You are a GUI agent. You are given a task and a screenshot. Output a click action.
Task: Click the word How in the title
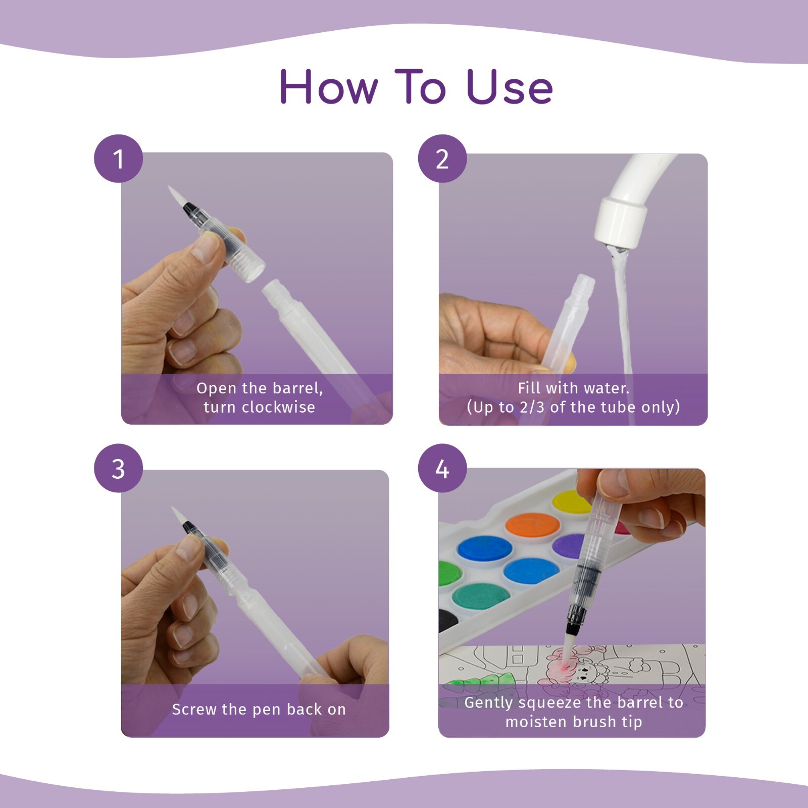tap(328, 87)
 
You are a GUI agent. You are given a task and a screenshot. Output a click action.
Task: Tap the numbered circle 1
tap(118, 159)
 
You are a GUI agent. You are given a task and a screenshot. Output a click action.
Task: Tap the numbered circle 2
tap(442, 159)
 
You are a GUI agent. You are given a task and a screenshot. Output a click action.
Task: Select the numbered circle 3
tap(118, 468)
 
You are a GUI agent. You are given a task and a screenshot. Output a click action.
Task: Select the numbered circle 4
tap(442, 468)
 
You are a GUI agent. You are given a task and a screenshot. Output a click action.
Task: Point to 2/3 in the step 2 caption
tap(532, 407)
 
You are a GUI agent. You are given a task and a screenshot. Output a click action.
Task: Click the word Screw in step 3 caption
tap(194, 709)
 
